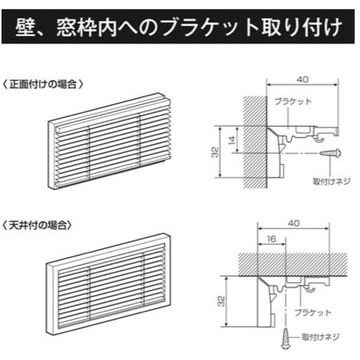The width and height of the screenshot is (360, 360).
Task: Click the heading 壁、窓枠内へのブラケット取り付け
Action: pyautogui.click(x=179, y=27)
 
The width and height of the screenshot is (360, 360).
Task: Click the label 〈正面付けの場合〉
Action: pyautogui.click(x=42, y=84)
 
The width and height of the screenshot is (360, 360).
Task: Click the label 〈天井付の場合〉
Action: pyautogui.click(x=37, y=225)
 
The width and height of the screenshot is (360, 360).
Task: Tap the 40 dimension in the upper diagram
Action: pyautogui.click(x=302, y=79)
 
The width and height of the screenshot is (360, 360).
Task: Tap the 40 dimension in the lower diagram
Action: pyautogui.click(x=294, y=223)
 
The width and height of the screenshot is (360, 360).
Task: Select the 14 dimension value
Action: pyautogui.click(x=232, y=140)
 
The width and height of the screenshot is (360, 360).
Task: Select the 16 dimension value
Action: pyautogui.click(x=271, y=239)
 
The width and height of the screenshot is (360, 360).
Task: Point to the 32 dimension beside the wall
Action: pyautogui.click(x=215, y=152)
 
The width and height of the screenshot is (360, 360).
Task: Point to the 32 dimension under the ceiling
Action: pyautogui.click(x=221, y=301)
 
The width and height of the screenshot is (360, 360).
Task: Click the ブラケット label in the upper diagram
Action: pyautogui.click(x=293, y=102)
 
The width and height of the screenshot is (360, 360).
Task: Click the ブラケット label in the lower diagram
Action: pyautogui.click(x=313, y=312)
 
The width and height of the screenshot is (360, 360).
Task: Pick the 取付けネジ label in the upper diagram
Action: pyautogui.click(x=331, y=181)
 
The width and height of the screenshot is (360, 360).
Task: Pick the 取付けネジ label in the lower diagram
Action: pyautogui.click(x=320, y=337)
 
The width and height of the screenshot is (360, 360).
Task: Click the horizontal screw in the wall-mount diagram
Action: pyautogui.click(x=330, y=153)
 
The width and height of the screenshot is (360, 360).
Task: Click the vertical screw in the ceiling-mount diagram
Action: pyautogui.click(x=286, y=338)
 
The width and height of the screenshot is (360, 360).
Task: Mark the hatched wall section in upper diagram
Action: pyautogui.click(x=256, y=142)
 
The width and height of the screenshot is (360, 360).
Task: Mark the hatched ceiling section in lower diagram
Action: pyautogui.click(x=293, y=264)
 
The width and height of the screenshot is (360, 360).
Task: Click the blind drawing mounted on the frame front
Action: pyautogui.click(x=109, y=141)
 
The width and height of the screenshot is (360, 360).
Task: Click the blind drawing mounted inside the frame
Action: pyautogui.click(x=109, y=284)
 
